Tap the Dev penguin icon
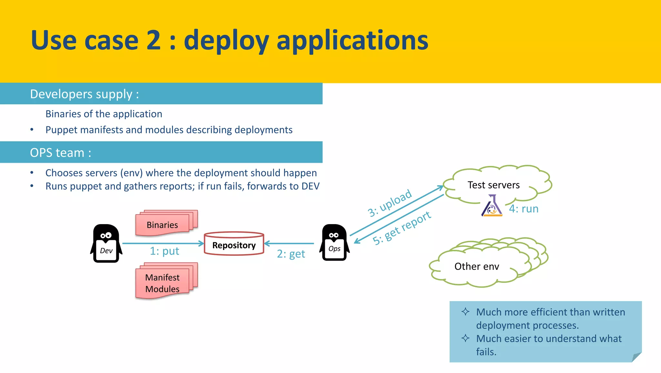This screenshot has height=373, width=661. (106, 244)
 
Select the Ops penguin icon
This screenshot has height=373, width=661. (334, 243)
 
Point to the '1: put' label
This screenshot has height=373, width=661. (164, 251)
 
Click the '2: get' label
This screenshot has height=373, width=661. (291, 254)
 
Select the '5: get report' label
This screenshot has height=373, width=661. (402, 228)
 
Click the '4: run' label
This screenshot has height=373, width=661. (524, 209)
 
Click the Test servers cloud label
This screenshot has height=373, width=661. (493, 185)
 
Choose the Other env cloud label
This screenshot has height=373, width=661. (476, 266)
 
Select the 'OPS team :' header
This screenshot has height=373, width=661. (61, 152)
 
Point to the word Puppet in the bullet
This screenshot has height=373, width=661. (61, 130)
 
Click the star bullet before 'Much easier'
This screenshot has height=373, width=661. (465, 338)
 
